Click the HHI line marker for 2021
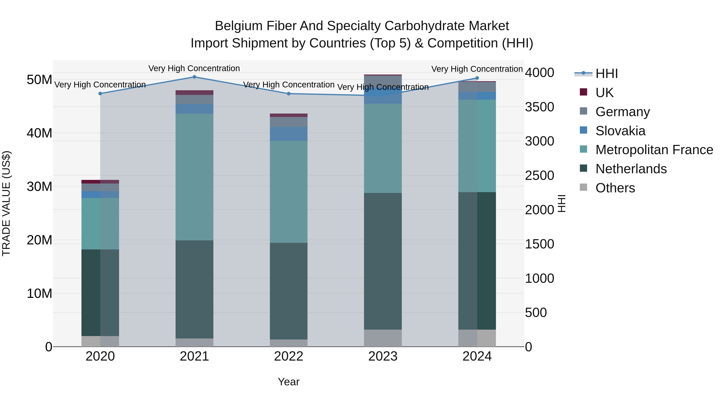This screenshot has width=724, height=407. pyautogui.click(x=194, y=77)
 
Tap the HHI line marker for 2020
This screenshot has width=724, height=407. pyautogui.click(x=100, y=93)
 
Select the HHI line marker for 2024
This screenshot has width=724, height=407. pyautogui.click(x=477, y=78)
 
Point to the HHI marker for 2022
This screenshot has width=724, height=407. pyautogui.click(x=289, y=93)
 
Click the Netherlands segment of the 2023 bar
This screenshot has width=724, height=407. pyautogui.click(x=383, y=261)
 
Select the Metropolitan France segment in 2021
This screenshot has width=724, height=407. pyautogui.click(x=194, y=177)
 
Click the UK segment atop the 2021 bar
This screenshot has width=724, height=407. pyautogui.click(x=194, y=93)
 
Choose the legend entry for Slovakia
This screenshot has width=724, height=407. pyautogui.click(x=620, y=131)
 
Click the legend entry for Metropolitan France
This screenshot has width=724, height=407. pyautogui.click(x=654, y=150)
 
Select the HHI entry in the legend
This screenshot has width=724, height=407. pyautogui.click(x=607, y=74)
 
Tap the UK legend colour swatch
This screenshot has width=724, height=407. pyautogui.click(x=583, y=92)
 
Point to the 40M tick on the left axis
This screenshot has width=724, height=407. pyautogui.click(x=39, y=133)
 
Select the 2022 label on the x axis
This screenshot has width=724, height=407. pyautogui.click(x=289, y=356)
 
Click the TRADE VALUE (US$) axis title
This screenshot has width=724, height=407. pyautogui.click(x=6, y=203)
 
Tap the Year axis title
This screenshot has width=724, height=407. pyautogui.click(x=289, y=382)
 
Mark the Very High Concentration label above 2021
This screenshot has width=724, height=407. pyautogui.click(x=194, y=68)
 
